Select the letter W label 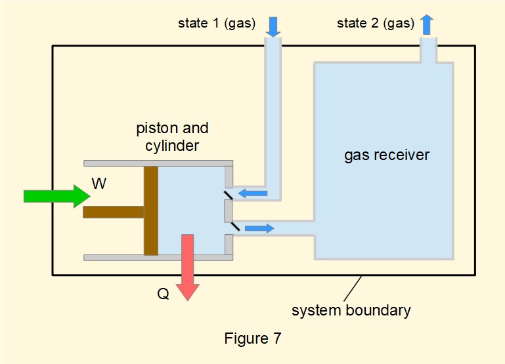[99, 184]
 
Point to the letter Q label [163, 294]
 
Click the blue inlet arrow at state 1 [273, 26]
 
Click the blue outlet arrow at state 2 [427, 25]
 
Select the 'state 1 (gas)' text [217, 24]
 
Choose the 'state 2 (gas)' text [375, 24]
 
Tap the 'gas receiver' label [387, 155]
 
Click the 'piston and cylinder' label [172, 136]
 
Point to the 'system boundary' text [351, 310]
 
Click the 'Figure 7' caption [253, 338]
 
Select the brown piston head [151, 211]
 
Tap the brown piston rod [113, 212]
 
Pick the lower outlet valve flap [233, 226]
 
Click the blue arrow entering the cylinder [253, 193]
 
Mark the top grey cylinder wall [158, 163]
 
